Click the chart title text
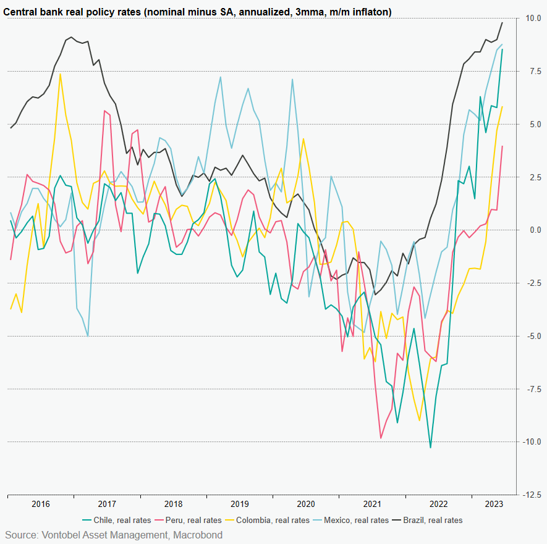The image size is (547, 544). pos(198,12)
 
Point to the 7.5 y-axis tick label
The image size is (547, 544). pos(530,72)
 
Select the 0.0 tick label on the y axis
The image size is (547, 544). pos(530,230)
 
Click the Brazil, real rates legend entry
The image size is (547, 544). pos(433,520)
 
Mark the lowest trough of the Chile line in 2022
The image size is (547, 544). pos(431,448)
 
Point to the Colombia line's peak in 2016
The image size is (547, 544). pos(60,74)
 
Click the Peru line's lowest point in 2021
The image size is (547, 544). pos(381,438)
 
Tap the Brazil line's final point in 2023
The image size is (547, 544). pos(502,23)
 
